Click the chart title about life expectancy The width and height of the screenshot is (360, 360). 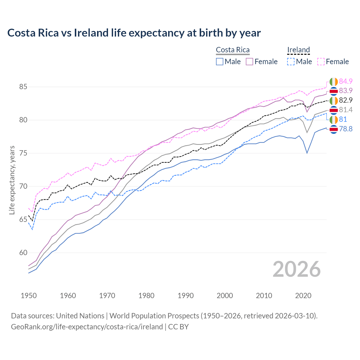(x=134, y=33)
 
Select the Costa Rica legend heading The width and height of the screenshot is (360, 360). (x=233, y=50)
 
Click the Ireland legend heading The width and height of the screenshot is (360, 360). (x=298, y=50)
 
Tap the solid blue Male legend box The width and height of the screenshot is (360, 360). (x=220, y=62)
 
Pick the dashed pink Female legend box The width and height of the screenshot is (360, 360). (x=321, y=62)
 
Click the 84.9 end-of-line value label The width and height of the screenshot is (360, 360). (x=346, y=81)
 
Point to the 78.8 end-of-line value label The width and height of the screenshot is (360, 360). (x=346, y=129)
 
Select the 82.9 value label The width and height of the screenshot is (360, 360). (x=346, y=100)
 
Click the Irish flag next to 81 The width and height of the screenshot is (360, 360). (x=334, y=120)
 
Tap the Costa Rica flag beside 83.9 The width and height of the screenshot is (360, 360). (x=334, y=91)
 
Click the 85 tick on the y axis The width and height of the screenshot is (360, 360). (x=23, y=87)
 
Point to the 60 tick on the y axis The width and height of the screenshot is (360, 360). (x=23, y=253)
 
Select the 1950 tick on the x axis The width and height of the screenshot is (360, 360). (x=29, y=296)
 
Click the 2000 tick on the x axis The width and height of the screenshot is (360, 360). (x=225, y=296)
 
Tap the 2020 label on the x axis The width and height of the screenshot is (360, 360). (x=303, y=296)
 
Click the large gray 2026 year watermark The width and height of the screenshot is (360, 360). (x=296, y=269)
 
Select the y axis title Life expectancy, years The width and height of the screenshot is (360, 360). (x=12, y=180)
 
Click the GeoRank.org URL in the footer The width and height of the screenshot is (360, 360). (x=87, y=327)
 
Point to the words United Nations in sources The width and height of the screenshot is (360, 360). (x=80, y=316)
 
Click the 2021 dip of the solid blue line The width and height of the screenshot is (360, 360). (x=307, y=153)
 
